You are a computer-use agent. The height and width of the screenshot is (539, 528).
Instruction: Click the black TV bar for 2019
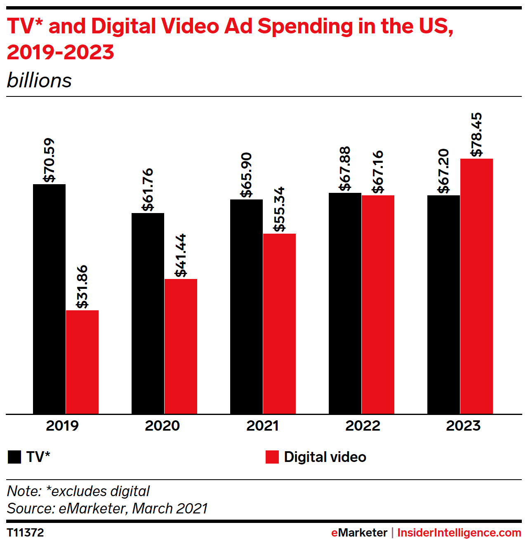click(49, 299)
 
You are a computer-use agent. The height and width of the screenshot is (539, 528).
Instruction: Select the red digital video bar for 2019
click(82, 362)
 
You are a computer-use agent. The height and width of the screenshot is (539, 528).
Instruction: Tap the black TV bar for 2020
click(148, 313)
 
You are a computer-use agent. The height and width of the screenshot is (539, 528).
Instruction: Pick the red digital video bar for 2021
click(279, 323)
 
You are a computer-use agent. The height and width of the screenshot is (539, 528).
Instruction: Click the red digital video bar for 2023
click(476, 286)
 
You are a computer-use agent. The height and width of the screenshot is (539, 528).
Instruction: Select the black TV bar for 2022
click(345, 303)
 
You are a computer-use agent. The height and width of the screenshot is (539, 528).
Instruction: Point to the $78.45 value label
click(476, 134)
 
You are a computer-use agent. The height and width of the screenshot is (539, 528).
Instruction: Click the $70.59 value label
click(49, 160)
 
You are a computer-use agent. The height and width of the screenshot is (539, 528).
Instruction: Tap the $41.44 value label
click(181, 255)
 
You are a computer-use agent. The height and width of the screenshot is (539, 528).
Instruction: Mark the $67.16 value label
click(378, 172)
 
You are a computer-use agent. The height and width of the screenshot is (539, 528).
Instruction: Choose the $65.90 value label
click(246, 175)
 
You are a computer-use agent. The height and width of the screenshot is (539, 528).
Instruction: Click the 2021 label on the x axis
click(262, 426)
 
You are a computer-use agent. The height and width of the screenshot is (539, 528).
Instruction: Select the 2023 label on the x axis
click(463, 426)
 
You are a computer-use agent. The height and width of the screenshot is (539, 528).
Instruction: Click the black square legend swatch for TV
click(14, 457)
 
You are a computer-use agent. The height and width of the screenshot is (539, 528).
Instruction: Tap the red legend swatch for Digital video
click(272, 457)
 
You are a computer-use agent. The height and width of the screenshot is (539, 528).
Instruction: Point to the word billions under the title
click(39, 80)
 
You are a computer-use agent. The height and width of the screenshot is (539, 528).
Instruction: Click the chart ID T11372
click(25, 532)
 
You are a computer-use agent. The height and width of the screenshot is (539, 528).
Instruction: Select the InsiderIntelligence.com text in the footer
click(459, 532)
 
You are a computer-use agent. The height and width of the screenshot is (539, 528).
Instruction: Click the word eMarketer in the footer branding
click(359, 532)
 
